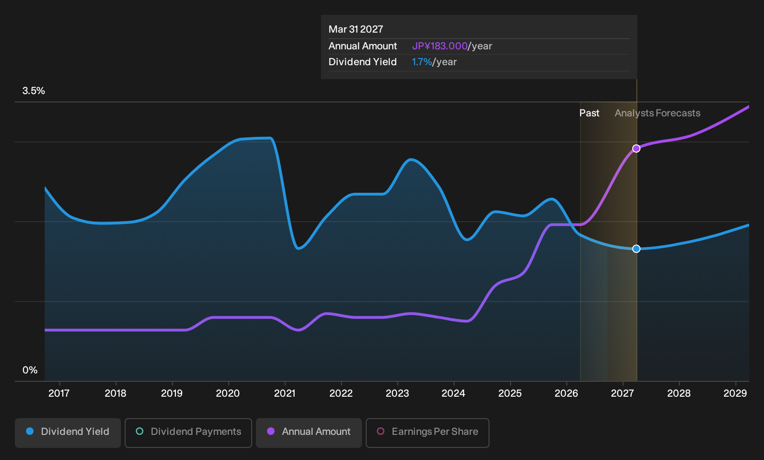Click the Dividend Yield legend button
68,433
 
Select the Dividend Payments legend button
188,433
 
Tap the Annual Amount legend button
308,433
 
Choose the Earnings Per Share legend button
427,433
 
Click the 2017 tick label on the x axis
59,393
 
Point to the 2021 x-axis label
285,393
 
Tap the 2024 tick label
454,393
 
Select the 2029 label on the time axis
735,393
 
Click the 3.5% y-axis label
34,91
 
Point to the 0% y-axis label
30,370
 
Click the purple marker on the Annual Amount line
636,149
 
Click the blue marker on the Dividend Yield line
636,249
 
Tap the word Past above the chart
590,113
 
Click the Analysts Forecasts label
657,113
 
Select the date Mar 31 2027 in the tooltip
356,29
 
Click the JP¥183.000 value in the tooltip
440,46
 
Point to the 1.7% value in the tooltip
422,62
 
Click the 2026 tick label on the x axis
566,393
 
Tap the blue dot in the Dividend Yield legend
30,431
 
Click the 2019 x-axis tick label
172,393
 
